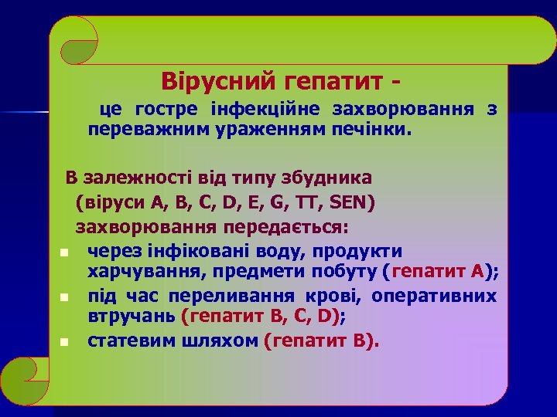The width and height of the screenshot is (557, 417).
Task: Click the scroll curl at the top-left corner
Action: coord(78,41)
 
